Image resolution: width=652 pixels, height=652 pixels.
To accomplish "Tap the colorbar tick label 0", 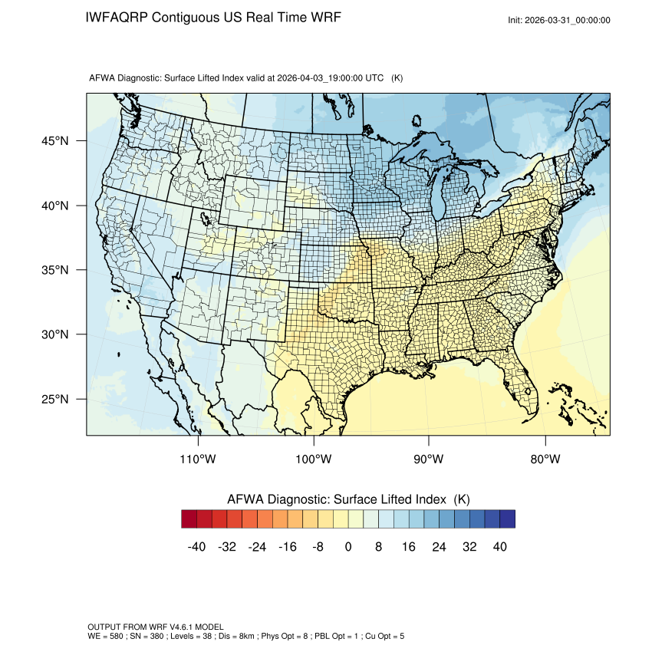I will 348,547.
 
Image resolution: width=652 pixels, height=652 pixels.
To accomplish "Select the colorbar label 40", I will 500,547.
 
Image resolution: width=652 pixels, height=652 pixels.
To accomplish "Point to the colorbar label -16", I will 288,547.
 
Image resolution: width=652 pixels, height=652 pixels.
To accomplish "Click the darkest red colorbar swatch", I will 189,519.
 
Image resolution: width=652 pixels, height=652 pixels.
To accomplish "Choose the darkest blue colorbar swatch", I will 507,519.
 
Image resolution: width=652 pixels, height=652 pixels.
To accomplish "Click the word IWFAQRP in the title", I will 117,18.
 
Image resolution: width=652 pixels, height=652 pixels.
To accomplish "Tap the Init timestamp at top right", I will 559,21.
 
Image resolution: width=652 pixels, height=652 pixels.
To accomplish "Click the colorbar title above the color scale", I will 348,499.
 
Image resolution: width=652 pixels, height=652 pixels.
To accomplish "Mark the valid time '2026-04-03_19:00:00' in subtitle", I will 320,78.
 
